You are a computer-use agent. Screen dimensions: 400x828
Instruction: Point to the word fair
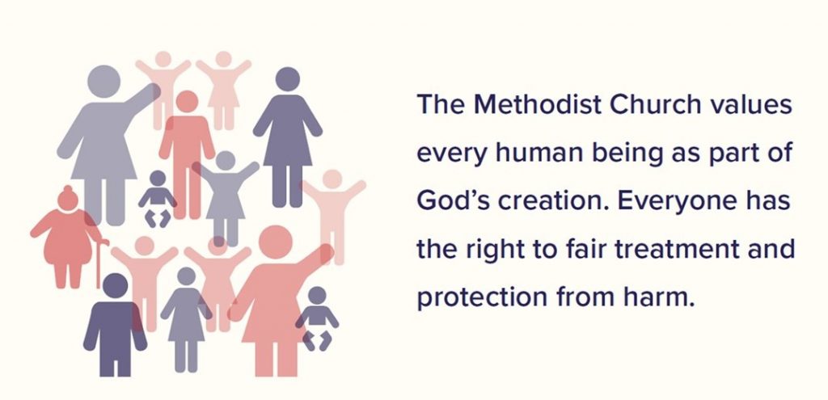pyautogui.click(x=563, y=249)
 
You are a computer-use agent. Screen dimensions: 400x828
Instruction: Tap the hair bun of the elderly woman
pyautogui.click(x=69, y=192)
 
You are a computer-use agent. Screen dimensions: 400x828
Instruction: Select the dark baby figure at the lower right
pyautogui.click(x=317, y=318)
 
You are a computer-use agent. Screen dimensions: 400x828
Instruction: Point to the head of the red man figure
pyautogui.click(x=187, y=101)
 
